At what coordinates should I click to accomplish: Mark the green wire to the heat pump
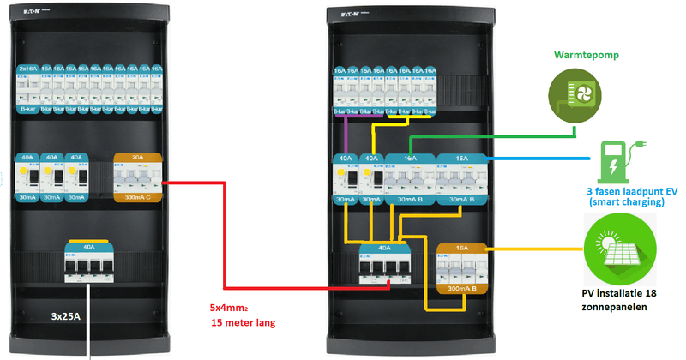[489, 135]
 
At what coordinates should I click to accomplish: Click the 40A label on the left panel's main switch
[89, 246]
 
